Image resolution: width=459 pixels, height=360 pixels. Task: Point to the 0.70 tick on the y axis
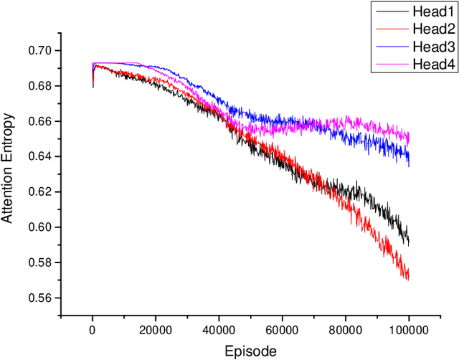coord(43,51)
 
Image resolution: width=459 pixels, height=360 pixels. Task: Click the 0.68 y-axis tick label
coord(43,86)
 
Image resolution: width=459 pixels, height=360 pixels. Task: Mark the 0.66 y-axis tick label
coord(43,121)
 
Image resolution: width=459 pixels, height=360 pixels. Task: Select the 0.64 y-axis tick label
coord(43,157)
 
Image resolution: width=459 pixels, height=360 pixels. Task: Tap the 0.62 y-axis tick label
coord(43,192)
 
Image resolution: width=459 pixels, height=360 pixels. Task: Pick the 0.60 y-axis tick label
coord(43,227)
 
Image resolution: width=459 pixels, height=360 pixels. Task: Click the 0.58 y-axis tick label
coord(43,262)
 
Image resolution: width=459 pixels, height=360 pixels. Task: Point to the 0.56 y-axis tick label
coord(43,298)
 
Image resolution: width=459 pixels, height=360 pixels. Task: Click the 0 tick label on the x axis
coord(93,329)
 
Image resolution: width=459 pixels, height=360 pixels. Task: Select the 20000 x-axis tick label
coord(156,329)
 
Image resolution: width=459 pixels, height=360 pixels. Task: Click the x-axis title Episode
coord(250,351)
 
